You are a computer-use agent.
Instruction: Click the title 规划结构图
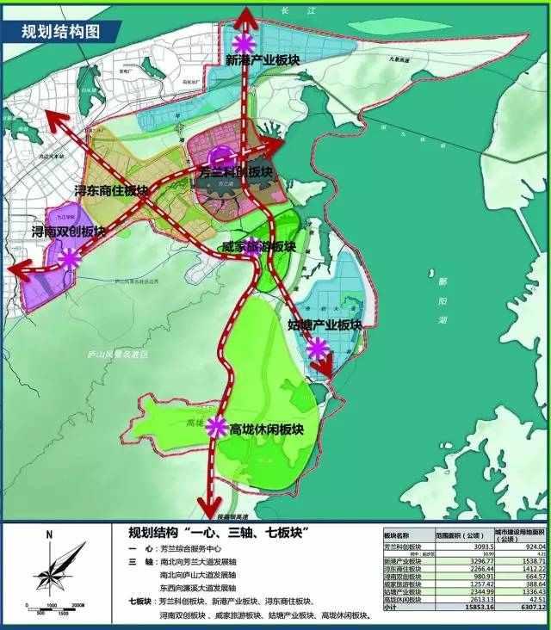[60, 32]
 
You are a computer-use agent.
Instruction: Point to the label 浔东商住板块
[112, 191]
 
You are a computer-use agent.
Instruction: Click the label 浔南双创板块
[69, 232]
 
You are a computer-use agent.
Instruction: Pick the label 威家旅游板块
[258, 246]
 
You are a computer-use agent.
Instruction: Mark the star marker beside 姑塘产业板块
[319, 348]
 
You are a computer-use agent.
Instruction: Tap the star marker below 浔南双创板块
[70, 256]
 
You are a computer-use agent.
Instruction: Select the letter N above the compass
[49, 535]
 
